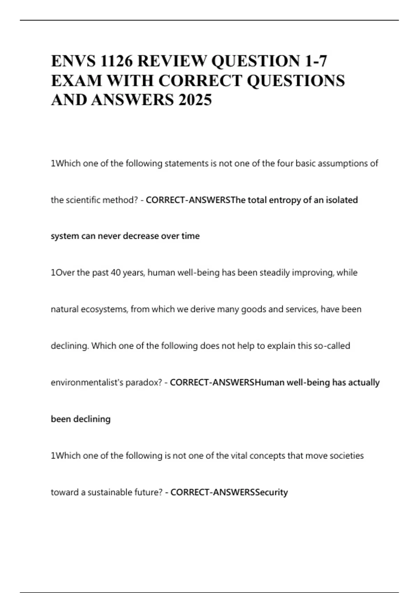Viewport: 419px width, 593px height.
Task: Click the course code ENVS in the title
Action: pos(73,61)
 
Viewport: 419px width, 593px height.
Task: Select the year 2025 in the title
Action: pos(195,100)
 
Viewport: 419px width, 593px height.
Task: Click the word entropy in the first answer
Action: pos(285,200)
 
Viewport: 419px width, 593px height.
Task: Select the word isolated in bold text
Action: pos(342,200)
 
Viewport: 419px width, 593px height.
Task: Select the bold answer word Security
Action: pos(272,492)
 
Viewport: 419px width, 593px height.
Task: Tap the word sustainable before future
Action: pos(110,492)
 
